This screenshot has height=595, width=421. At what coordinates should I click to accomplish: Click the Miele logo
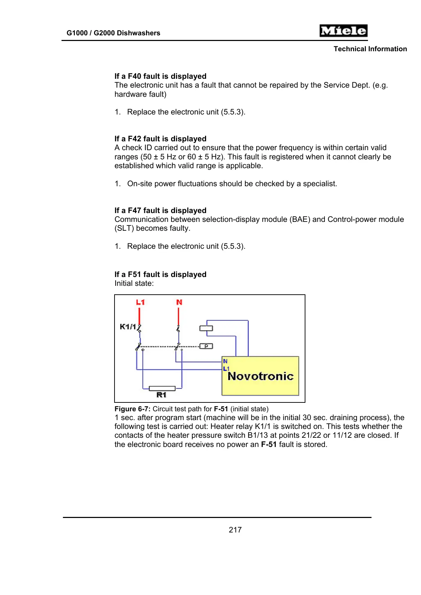click(343, 31)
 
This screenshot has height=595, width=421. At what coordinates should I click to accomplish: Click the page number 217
click(235, 530)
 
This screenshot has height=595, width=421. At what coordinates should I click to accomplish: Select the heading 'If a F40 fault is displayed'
click(160, 76)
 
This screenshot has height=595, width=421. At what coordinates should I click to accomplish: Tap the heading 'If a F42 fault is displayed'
click(160, 139)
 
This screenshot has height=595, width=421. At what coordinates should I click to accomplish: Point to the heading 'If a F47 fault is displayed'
click(160, 211)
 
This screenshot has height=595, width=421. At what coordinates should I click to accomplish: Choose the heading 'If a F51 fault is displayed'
click(160, 275)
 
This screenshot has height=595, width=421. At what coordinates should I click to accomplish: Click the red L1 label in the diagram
click(140, 302)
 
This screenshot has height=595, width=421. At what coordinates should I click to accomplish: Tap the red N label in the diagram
click(179, 302)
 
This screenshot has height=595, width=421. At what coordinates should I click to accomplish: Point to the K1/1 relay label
click(128, 326)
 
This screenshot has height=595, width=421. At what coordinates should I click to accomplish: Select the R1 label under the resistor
click(161, 395)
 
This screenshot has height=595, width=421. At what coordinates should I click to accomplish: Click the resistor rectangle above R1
click(162, 388)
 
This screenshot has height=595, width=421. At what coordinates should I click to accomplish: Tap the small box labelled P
click(206, 346)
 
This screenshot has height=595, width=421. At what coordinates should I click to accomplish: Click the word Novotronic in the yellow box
click(261, 376)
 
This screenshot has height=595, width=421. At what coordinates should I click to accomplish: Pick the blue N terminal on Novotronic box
click(225, 361)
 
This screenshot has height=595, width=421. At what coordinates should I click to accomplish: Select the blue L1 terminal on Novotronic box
click(226, 369)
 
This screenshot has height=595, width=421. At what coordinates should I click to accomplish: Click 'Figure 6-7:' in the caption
click(133, 409)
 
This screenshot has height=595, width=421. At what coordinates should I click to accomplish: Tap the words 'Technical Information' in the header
click(370, 49)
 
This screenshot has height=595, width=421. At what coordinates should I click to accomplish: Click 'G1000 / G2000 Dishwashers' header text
click(113, 33)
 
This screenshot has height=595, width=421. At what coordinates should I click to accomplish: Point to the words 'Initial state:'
click(134, 283)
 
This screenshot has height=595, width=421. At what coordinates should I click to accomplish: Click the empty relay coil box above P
click(206, 328)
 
